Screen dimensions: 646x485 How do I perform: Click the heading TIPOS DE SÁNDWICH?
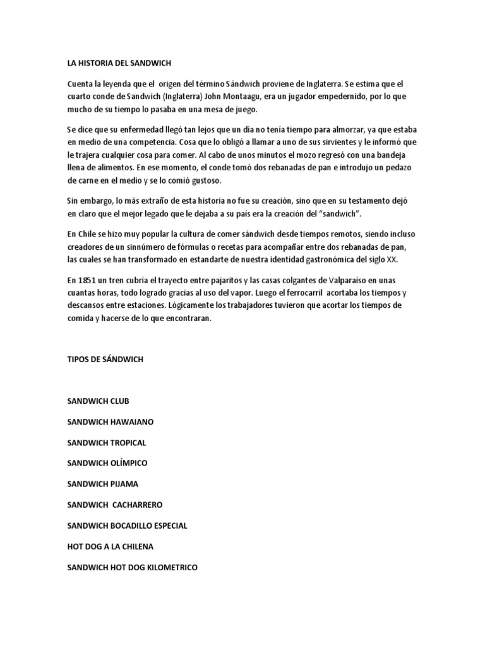pyautogui.click(x=105, y=359)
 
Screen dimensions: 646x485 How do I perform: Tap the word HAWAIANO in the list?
pyautogui.click(x=131, y=421)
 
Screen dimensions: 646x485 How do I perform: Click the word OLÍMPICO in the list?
pyautogui.click(x=128, y=463)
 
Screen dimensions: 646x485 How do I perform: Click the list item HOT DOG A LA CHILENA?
pyautogui.click(x=111, y=546)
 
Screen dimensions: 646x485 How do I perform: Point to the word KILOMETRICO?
pyautogui.click(x=167, y=567)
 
